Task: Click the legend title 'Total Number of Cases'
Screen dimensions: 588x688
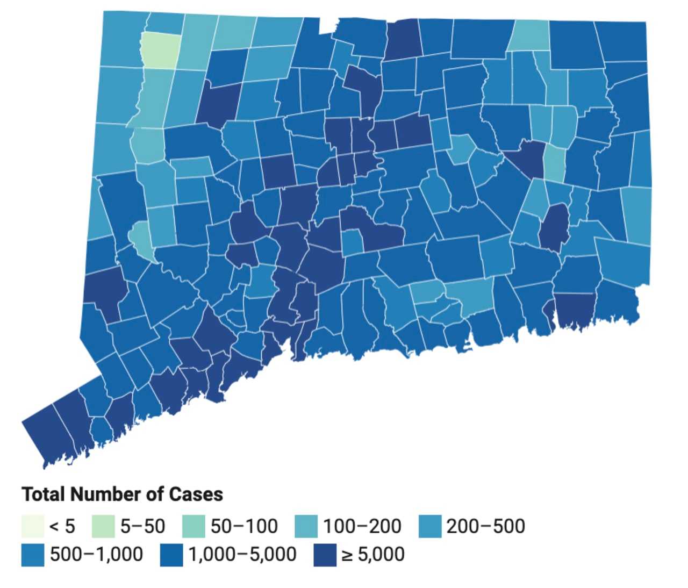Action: (122, 494)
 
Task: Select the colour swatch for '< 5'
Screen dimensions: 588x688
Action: (33, 526)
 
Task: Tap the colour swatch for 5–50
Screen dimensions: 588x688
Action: (103, 526)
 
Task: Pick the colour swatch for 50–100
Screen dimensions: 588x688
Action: (193, 526)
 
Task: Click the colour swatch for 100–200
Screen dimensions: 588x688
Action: (306, 526)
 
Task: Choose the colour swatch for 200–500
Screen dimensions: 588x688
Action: (429, 526)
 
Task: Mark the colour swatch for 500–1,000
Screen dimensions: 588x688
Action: (33, 555)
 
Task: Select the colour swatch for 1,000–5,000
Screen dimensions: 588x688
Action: (171, 555)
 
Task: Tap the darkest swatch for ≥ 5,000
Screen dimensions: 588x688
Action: (325, 555)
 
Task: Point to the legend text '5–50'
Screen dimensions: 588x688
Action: (142, 526)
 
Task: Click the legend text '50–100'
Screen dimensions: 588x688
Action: (244, 526)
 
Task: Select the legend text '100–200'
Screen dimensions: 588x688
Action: (362, 526)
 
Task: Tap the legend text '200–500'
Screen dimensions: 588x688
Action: (485, 526)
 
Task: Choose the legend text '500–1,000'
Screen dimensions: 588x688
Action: (97, 555)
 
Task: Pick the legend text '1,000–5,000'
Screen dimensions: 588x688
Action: (242, 555)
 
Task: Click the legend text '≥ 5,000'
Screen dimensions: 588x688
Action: (373, 555)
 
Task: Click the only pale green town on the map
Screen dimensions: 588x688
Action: (160, 50)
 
